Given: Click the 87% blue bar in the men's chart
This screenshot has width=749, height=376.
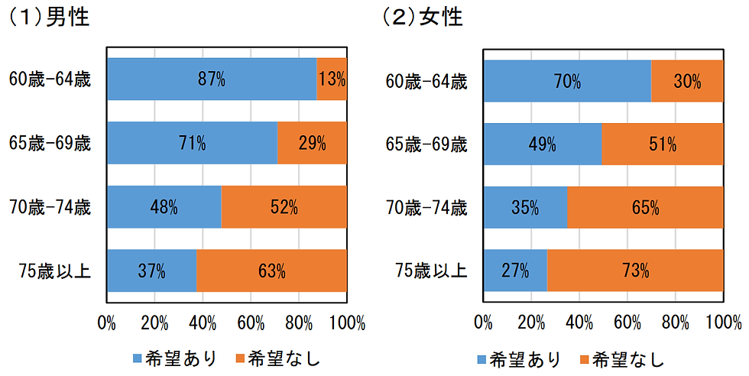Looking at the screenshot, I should (x=212, y=79).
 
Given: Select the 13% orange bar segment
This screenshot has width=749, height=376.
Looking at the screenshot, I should (x=332, y=79).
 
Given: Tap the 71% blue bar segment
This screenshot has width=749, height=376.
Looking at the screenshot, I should (x=192, y=143).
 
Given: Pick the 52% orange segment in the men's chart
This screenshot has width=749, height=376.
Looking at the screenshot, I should (x=284, y=207).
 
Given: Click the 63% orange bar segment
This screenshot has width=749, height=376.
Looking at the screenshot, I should (x=271, y=271).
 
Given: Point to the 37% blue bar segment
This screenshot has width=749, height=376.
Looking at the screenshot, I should (x=151, y=271).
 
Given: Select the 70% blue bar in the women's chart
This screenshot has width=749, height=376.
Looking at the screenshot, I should (x=566, y=81).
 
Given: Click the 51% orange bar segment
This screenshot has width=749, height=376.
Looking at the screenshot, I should (x=662, y=144).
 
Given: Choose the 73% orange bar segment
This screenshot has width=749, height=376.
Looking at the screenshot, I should (x=635, y=270).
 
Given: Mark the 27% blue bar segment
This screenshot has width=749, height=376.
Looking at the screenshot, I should (x=514, y=270).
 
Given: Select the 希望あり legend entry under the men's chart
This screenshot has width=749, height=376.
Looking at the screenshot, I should (x=175, y=358).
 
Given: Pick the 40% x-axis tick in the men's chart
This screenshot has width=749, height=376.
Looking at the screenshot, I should (x=203, y=322).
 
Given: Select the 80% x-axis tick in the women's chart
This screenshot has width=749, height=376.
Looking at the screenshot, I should (x=675, y=322).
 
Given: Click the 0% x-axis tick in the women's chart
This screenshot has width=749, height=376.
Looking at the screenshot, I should (x=483, y=322).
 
